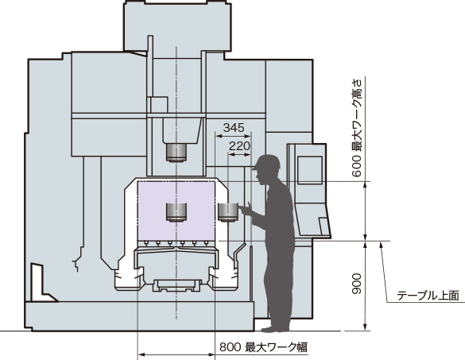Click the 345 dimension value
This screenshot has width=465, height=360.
pos(234,128)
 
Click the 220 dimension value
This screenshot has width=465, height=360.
pos(239,146)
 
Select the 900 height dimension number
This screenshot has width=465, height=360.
pos(357,284)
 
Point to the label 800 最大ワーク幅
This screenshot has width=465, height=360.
pos(263,347)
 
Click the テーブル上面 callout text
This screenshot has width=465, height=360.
pos(428,296)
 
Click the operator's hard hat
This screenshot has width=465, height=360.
pos(266,162)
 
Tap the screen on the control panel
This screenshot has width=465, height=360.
pos(310,170)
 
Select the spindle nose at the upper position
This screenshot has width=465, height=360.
pos(176,153)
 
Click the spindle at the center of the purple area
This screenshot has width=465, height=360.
pos(176,212)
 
